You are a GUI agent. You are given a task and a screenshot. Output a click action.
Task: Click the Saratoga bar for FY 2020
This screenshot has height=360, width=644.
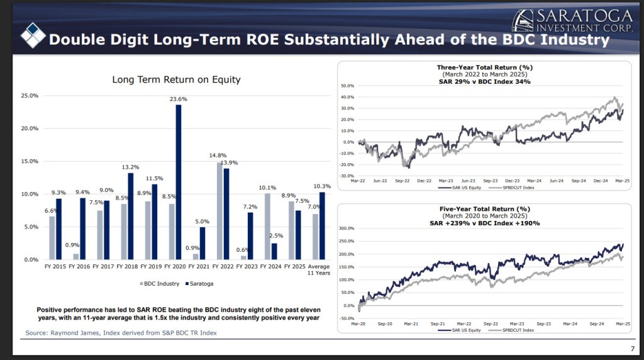(178, 182)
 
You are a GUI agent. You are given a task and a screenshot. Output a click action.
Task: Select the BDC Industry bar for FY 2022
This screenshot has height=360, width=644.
(219, 211)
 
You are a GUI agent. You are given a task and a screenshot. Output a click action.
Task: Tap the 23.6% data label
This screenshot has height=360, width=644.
(179, 99)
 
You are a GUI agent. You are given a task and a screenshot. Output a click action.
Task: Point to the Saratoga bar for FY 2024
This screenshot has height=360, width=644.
(274, 251)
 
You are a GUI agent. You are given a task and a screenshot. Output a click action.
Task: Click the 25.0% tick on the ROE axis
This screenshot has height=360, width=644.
(30, 96)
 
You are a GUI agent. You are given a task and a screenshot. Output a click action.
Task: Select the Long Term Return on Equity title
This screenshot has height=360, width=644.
(176, 80)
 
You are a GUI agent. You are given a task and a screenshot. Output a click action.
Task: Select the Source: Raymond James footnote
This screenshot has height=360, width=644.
(121, 332)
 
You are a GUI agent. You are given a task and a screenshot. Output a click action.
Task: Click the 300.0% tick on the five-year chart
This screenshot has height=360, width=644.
(347, 228)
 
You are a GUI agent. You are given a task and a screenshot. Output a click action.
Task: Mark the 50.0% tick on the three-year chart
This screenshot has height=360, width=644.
(348, 86)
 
